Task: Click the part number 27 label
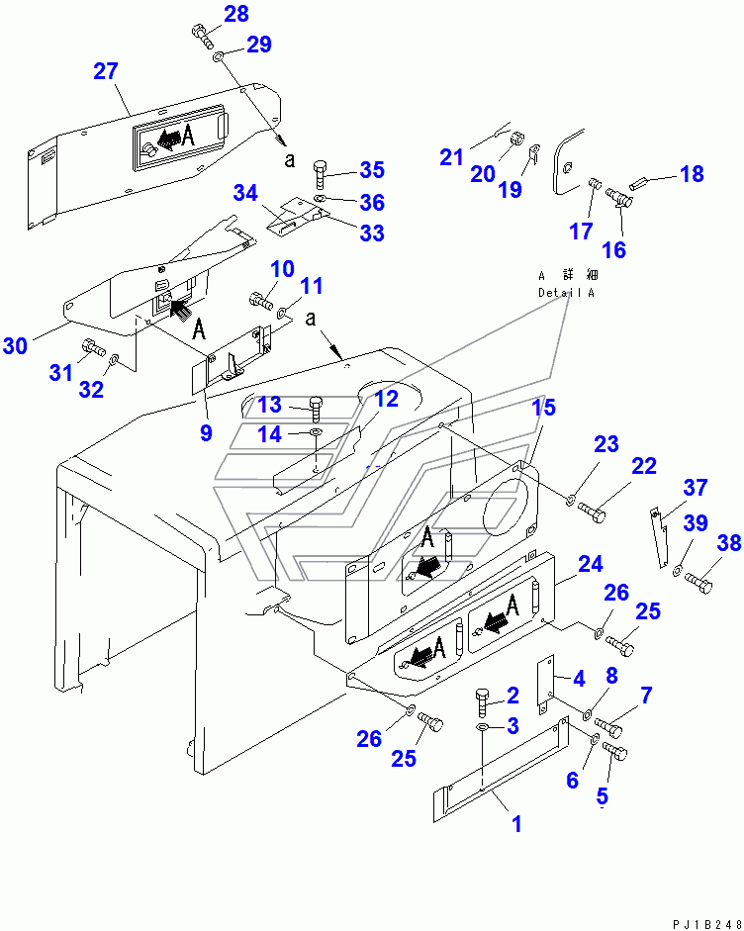(x=106, y=71)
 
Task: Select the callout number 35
(x=371, y=169)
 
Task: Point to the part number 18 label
(x=692, y=174)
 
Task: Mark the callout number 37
(x=695, y=487)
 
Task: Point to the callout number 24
(x=590, y=565)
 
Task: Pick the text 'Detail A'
(x=567, y=293)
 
